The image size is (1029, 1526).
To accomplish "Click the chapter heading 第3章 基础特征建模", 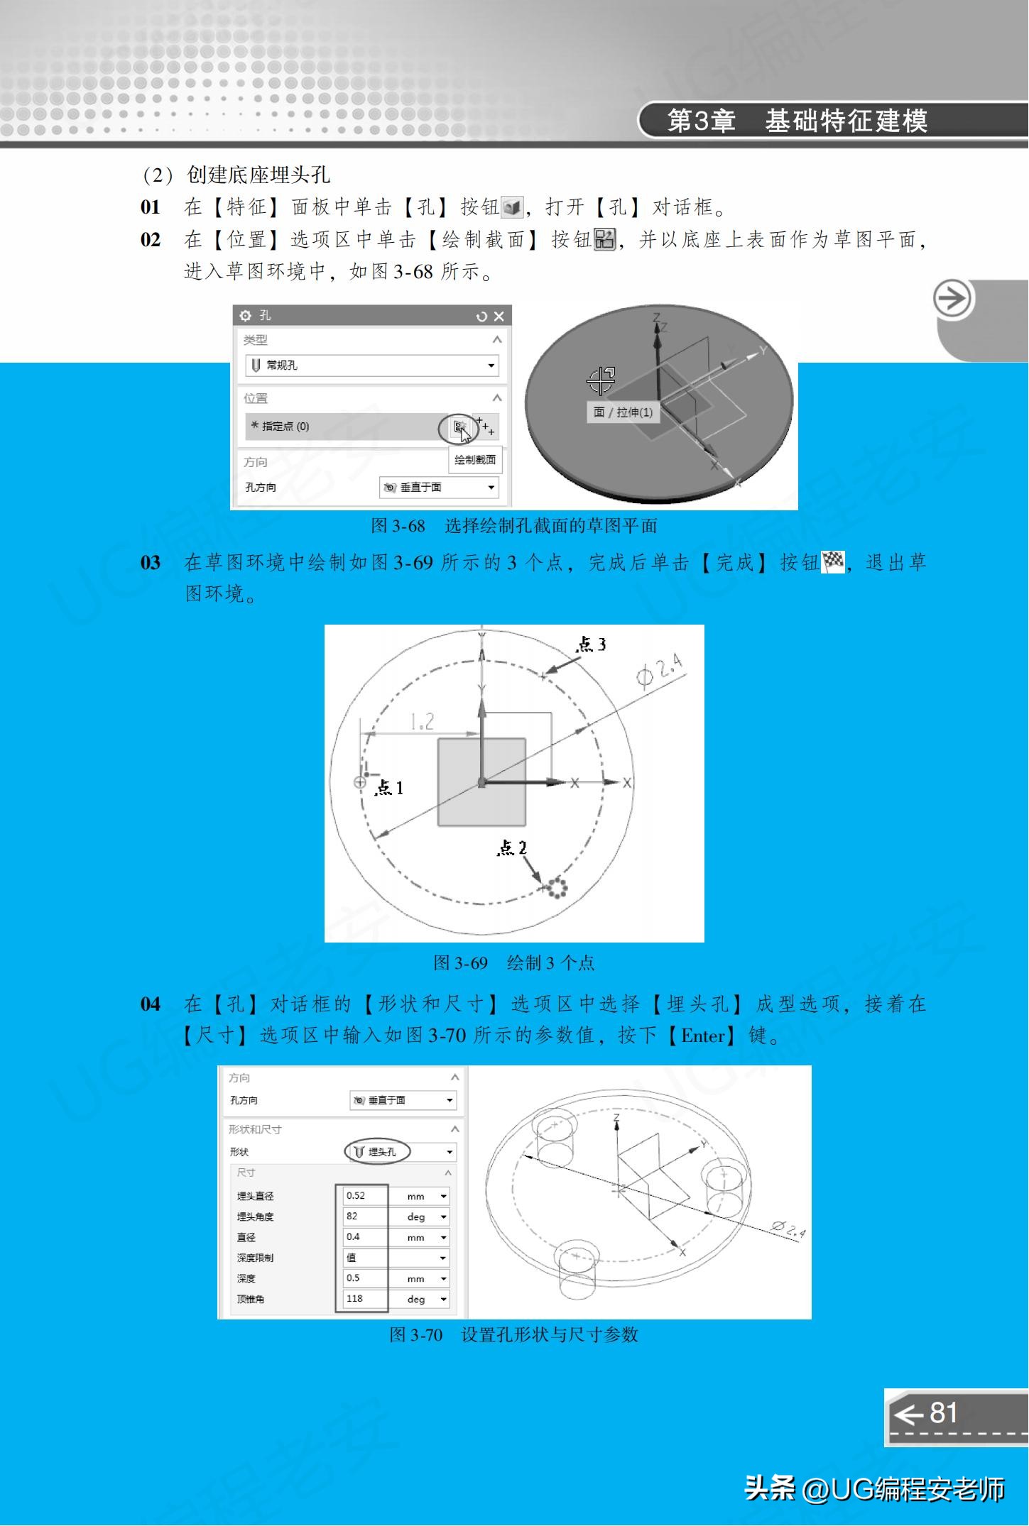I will (x=797, y=121).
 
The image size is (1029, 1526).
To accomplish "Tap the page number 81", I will (x=943, y=1412).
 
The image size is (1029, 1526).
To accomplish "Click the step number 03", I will (x=151, y=563).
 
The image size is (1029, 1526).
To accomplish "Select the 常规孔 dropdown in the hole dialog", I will (x=371, y=366).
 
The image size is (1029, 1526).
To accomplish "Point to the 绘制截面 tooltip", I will (x=475, y=460).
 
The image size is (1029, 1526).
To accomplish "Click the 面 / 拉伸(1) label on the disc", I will (x=623, y=412).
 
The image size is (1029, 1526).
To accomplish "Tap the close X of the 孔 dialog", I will (x=499, y=317).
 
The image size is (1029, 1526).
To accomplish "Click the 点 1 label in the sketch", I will (x=388, y=787).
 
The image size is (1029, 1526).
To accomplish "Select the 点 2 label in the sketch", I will (x=511, y=847).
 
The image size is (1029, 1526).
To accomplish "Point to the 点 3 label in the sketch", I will (x=590, y=644).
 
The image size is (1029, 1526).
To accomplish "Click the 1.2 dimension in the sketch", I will (x=422, y=723).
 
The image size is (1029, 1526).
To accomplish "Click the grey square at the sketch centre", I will (x=481, y=782).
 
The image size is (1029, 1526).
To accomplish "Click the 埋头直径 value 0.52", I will (x=361, y=1196).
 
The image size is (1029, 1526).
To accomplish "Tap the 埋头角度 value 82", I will (x=361, y=1217).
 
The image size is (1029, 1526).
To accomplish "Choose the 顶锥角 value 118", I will (x=361, y=1299).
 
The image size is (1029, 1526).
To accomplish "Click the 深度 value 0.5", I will (x=361, y=1278).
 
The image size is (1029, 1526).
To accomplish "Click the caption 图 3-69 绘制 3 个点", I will (x=513, y=963).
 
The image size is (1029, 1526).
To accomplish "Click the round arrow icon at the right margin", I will (x=952, y=299).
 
